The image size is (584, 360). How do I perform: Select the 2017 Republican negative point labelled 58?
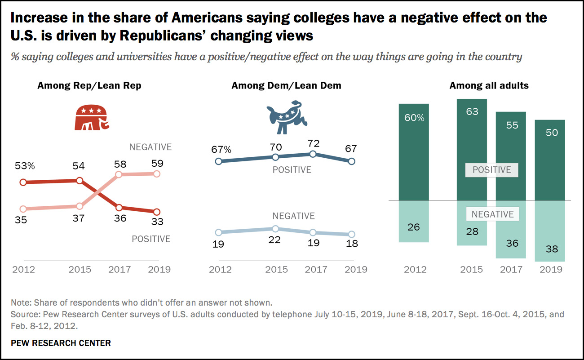coord(119,174)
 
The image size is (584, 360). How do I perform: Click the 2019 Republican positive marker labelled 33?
coord(156,212)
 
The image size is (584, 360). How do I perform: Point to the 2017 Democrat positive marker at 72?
coord(314,154)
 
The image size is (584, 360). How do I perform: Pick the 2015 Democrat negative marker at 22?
coord(275,229)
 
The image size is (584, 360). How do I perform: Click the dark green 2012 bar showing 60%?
coord(413,152)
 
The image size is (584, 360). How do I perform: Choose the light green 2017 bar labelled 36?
coord(511,229)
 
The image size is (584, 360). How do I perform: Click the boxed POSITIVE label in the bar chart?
coord(492,170)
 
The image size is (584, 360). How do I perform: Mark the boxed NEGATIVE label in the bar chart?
coord(492,214)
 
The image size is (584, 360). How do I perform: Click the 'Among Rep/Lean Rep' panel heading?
coord(89,85)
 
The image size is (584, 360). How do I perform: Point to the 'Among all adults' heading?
coord(489,85)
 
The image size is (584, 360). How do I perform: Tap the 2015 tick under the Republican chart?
coord(80,269)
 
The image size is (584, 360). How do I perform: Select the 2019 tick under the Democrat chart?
coord(352,269)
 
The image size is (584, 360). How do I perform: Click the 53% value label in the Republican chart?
coord(25,166)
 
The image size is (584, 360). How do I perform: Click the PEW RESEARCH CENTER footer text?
coord(61,343)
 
